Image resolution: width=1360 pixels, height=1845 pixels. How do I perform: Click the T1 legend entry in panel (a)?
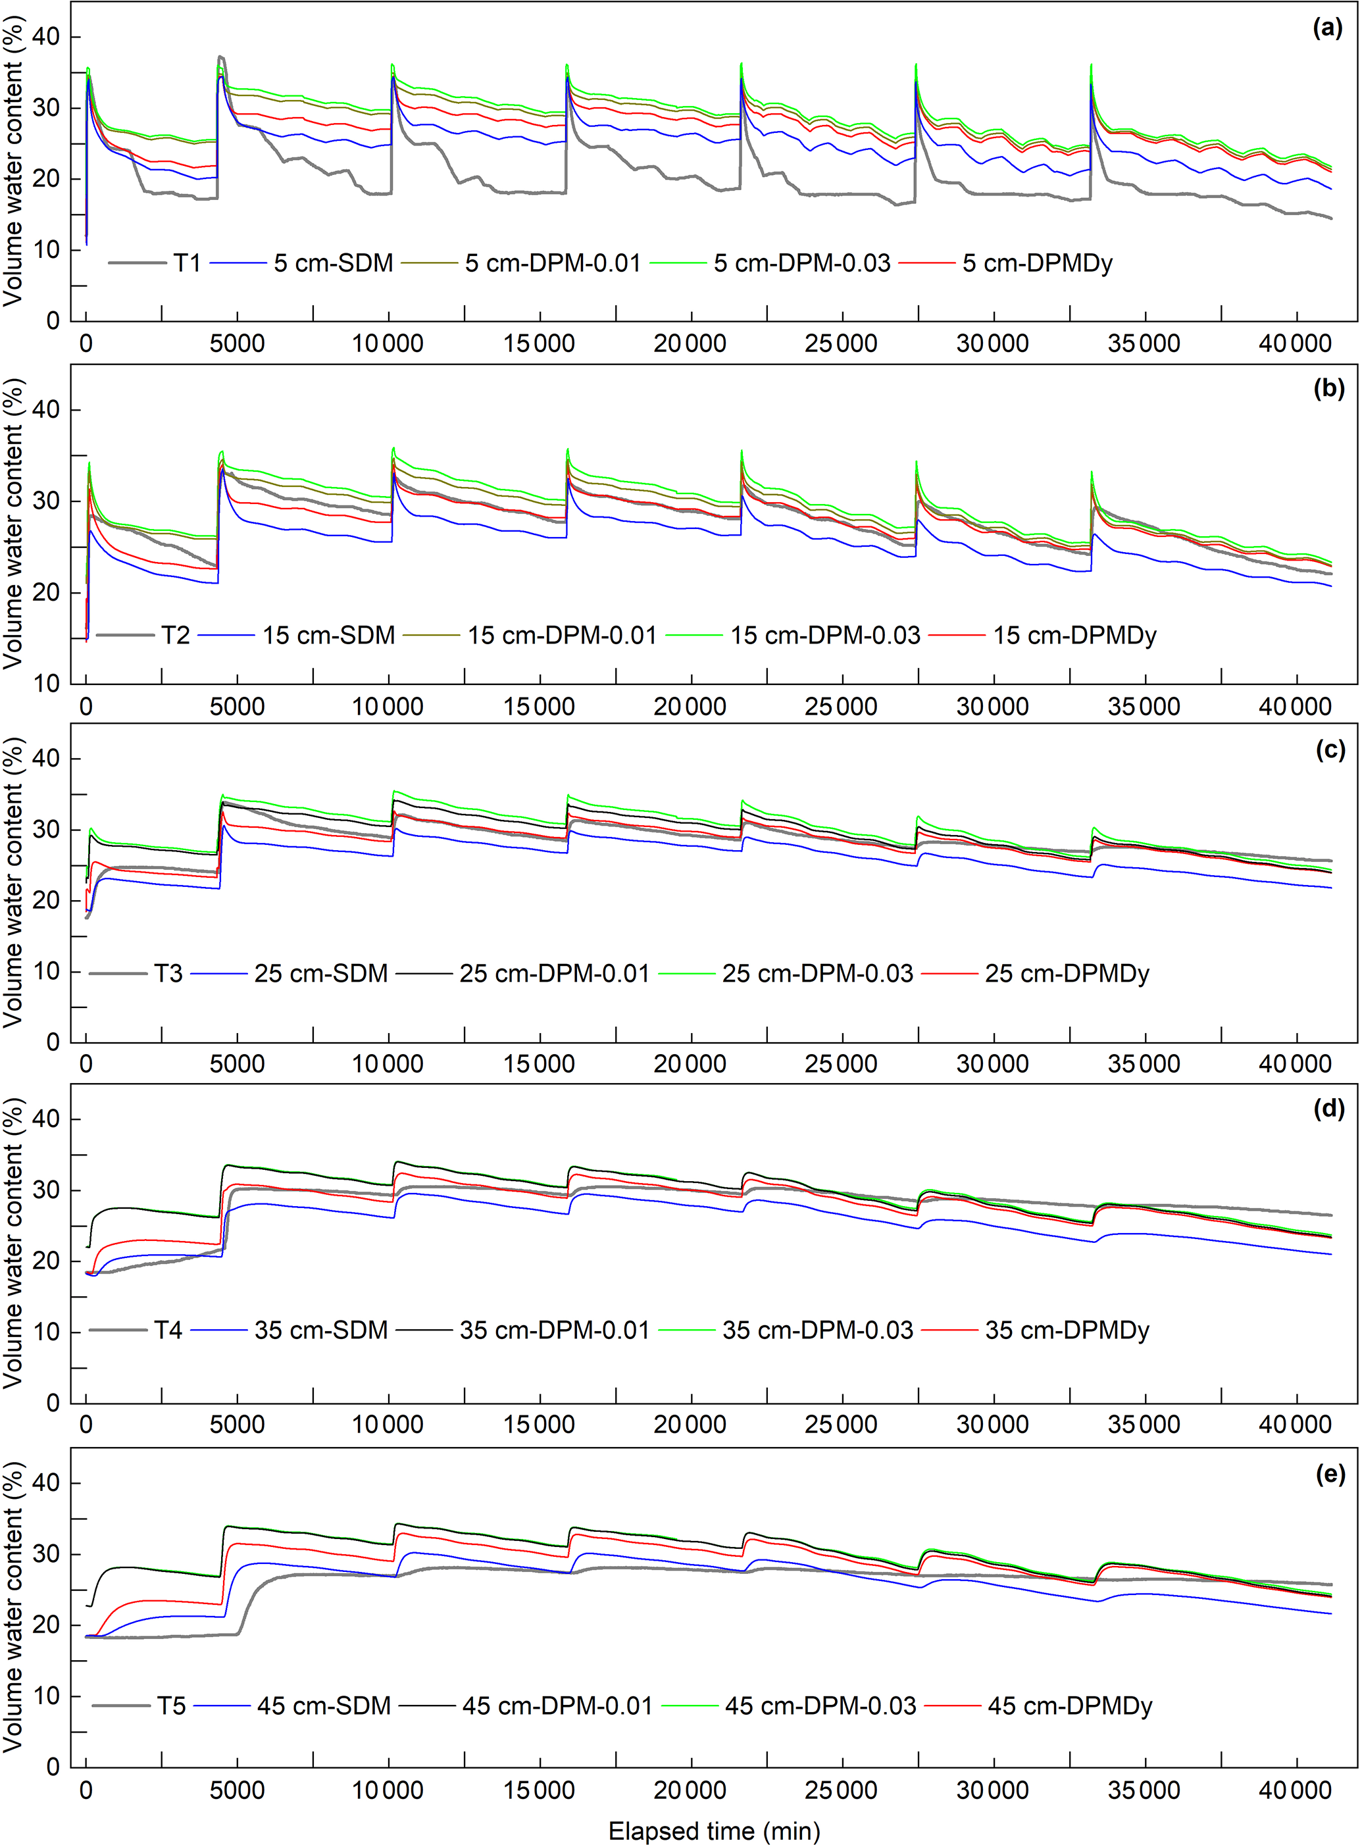[x=187, y=263]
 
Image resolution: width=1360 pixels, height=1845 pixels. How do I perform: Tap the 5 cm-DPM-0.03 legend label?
[x=802, y=263]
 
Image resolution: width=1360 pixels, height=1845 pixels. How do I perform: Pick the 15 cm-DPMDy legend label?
[x=1074, y=636]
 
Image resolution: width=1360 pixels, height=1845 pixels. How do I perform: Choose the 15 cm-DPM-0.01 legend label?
[x=563, y=636]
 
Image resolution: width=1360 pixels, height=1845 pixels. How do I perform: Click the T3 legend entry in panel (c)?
[x=168, y=974]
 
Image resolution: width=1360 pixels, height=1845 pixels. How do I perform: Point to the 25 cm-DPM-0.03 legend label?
[x=817, y=974]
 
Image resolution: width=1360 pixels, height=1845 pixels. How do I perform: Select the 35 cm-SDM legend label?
[x=321, y=1330]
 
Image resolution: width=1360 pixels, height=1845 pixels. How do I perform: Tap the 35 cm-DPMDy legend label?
[x=1067, y=1330]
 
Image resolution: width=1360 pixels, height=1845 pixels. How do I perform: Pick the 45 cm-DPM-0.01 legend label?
[x=557, y=1706]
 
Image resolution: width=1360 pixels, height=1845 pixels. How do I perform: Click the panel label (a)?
[x=1327, y=29]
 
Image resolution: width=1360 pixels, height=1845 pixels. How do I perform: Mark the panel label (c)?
[x=1330, y=750]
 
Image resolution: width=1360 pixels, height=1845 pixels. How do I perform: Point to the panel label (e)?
[x=1330, y=1474]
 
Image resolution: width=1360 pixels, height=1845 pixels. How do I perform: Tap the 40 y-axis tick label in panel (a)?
[x=46, y=37]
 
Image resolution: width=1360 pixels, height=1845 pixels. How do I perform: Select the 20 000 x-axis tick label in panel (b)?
[x=690, y=707]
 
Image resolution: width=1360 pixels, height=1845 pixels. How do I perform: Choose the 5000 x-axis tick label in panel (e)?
[x=237, y=1790]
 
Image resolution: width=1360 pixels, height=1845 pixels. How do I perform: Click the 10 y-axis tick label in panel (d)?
[x=46, y=1332]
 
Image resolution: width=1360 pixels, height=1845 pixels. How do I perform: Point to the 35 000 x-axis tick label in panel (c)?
[x=1144, y=1065]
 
